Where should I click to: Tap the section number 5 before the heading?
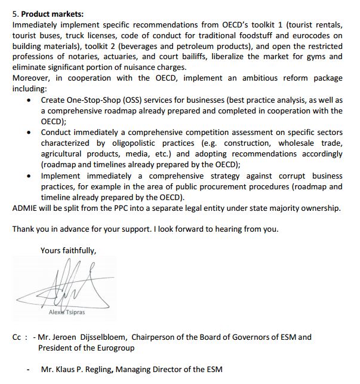tap(14, 14)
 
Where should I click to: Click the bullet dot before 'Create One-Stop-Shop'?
tap(30, 100)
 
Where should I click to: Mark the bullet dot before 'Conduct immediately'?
tap(30, 133)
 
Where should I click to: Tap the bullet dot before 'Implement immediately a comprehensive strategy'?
tap(30, 176)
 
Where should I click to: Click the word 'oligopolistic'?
tap(130, 143)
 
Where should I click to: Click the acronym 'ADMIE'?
tap(26, 208)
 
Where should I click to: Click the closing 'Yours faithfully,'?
tap(67, 250)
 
